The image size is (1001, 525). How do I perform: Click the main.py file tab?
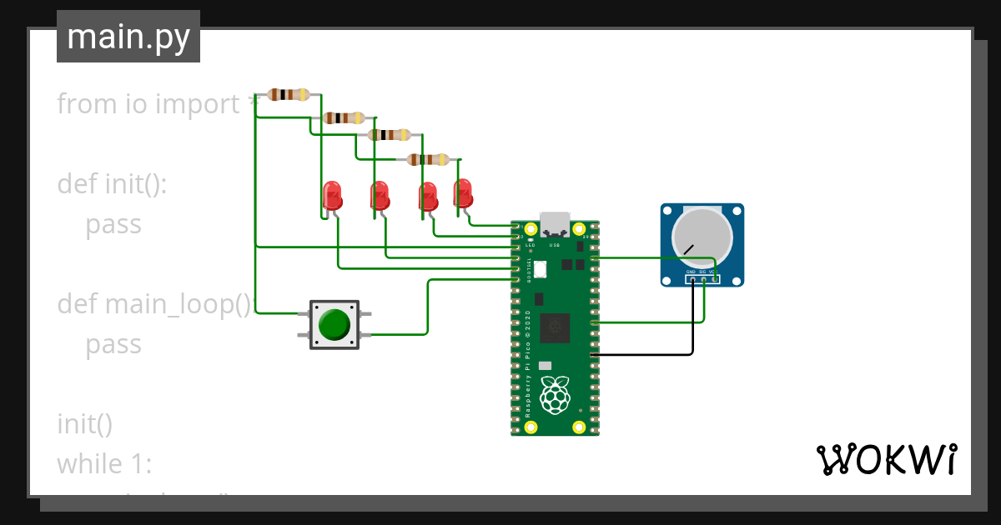pyautogui.click(x=128, y=37)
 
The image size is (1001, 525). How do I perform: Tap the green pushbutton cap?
pyautogui.click(x=335, y=325)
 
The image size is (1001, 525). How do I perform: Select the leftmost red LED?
pyautogui.click(x=331, y=197)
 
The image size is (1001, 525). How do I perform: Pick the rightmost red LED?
pyautogui.click(x=462, y=192)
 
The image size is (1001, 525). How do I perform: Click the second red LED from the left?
pyautogui.click(x=380, y=197)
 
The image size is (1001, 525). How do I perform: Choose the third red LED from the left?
pyautogui.click(x=428, y=197)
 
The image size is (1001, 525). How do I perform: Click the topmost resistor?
pyautogui.click(x=289, y=95)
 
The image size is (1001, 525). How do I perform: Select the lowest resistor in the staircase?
pyautogui.click(x=428, y=160)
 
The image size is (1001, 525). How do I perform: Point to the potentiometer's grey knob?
pyautogui.click(x=702, y=234)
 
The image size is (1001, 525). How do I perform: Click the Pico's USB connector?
pyautogui.click(x=555, y=224)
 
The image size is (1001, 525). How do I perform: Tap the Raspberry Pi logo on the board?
pyautogui.click(x=555, y=394)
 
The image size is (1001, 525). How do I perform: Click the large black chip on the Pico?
pyautogui.click(x=555, y=328)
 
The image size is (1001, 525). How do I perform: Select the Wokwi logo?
pyautogui.click(x=885, y=459)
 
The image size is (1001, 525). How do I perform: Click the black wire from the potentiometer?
pyautogui.click(x=651, y=355)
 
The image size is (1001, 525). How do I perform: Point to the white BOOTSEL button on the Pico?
pyautogui.click(x=539, y=269)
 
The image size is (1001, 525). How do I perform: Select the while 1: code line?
pyautogui.click(x=104, y=463)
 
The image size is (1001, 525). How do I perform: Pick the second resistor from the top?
pyautogui.click(x=345, y=117)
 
